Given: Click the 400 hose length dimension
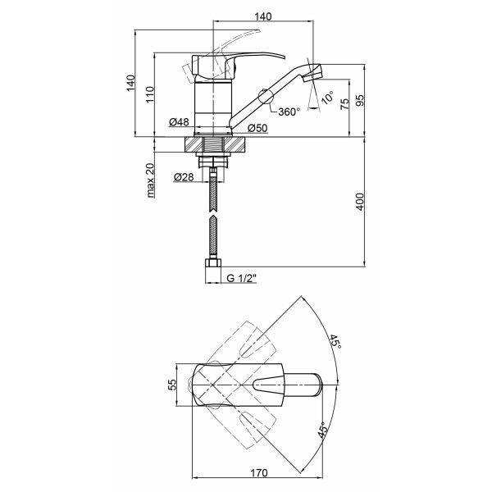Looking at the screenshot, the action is coord(360,202).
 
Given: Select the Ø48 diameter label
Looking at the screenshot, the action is coord(179,121).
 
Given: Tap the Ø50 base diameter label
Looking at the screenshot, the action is coord(257,128).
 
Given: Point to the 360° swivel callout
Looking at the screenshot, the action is coord(289,112).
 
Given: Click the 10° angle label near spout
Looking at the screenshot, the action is coord(327,98).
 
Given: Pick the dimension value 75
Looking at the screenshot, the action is coord(344,103).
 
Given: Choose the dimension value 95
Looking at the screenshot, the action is coord(360,100).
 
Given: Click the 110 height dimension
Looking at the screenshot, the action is coord(150,94).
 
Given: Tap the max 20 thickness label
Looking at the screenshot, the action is coord(150,180).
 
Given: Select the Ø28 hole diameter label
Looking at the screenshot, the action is coord(184,177).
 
